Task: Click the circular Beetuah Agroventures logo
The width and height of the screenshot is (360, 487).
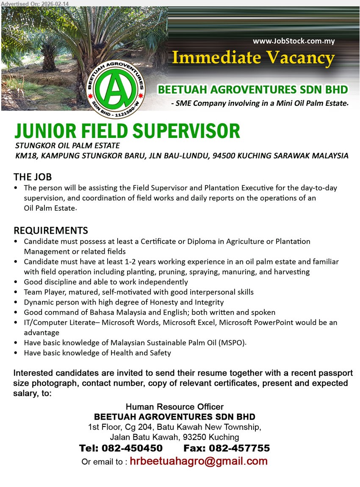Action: (115, 88)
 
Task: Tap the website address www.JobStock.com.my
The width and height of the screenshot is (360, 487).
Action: (294, 41)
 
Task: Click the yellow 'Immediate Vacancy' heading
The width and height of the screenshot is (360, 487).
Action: (253, 58)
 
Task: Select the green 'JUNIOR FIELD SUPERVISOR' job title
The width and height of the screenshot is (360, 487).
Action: (127, 131)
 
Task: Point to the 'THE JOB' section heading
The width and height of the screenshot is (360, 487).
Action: (33, 176)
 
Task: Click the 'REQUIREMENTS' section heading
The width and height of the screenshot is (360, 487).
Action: (51, 231)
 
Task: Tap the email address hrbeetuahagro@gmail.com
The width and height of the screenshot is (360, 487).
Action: (198, 461)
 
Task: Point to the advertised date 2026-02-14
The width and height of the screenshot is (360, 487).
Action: (53, 3)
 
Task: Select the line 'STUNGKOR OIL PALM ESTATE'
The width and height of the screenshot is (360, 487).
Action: (67, 146)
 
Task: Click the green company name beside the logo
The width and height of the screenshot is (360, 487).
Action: (253, 90)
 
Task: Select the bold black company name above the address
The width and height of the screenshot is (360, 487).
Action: (174, 417)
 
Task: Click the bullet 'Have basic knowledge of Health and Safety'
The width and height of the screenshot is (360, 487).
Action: (97, 353)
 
